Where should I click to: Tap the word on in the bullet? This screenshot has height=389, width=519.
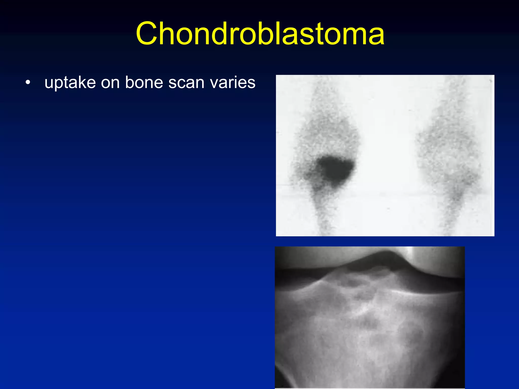110,83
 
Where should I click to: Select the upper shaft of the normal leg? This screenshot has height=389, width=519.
454,101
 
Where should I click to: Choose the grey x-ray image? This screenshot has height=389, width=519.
370,329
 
